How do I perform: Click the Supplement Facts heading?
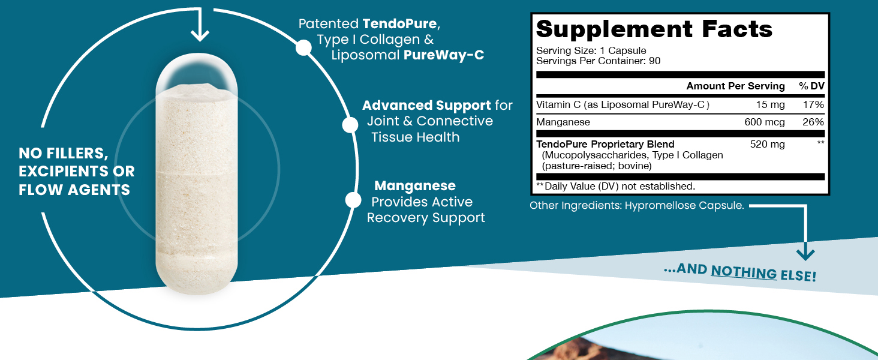coord(654,29)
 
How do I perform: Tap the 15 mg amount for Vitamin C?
coord(770,104)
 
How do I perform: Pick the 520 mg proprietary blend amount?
coord(767,144)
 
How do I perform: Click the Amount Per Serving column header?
coord(735,86)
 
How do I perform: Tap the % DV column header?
coord(811,86)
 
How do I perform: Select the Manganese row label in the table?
coord(563,122)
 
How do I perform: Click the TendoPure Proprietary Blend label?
coord(605,144)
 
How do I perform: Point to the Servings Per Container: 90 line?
coord(598,61)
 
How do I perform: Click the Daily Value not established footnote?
coord(615,186)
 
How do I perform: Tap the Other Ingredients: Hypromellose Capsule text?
coord(636,206)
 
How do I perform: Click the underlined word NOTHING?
coord(744,272)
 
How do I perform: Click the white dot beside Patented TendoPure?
coord(304,48)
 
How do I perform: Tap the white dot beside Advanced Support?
coord(350,125)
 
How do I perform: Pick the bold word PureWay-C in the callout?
coord(443,55)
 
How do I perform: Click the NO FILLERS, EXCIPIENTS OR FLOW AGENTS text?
coord(77,172)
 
